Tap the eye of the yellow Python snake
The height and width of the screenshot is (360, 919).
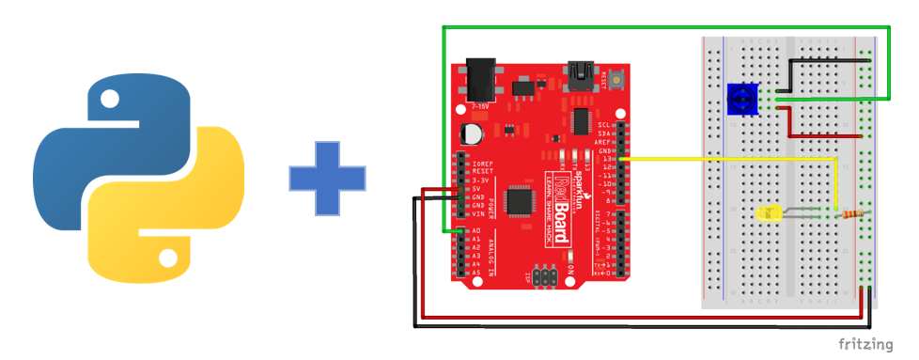pyautogui.click(x=168, y=256)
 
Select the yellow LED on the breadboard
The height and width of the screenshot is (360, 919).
pyautogui.click(x=763, y=214)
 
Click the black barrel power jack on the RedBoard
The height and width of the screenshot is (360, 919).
pyautogui.click(x=481, y=81)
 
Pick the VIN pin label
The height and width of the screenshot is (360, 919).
pyautogui.click(x=477, y=213)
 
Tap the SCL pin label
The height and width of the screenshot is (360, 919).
pyautogui.click(x=605, y=124)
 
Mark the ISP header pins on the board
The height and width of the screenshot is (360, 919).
pyautogui.click(x=545, y=274)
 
